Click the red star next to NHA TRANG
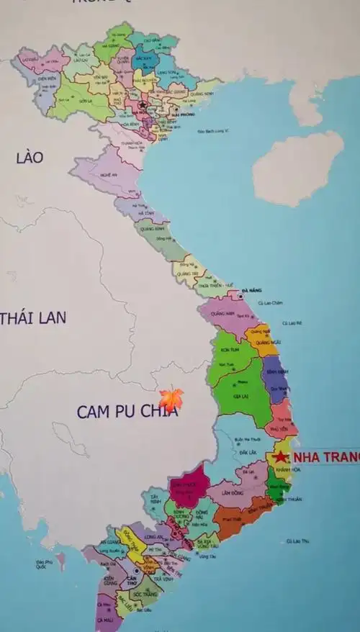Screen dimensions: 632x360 click(x=280, y=456)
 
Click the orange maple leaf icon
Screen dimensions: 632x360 click(x=171, y=398)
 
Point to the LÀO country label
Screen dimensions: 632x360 click(x=30, y=158)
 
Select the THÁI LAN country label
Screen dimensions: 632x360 click(x=33, y=317)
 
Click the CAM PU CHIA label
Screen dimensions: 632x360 click(x=127, y=412)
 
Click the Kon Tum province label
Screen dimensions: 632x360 click(x=230, y=349)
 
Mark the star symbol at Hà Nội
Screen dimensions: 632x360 click(x=143, y=105)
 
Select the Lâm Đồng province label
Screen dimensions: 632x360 click(x=232, y=493)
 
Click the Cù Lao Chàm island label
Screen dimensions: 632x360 click(x=271, y=302)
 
